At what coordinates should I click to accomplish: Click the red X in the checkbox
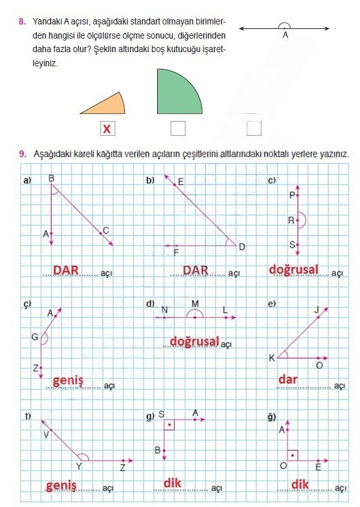pos(107,129)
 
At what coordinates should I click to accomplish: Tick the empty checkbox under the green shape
pos(178,129)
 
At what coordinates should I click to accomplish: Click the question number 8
pos(22,22)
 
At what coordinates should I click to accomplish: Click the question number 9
pos(22,154)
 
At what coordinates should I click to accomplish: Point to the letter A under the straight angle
pos(285,36)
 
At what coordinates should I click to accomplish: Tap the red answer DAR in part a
pos(66,270)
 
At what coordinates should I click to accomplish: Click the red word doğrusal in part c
pos(294,269)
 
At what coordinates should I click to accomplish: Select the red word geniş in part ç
pos(68,380)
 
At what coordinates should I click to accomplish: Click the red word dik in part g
pos(172,482)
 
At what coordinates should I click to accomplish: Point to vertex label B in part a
pos(52,178)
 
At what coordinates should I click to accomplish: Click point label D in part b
pos(242,246)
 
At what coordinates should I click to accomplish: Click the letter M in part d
pos(195,304)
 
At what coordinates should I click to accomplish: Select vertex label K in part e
pos(272,358)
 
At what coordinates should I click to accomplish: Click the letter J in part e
pos(316,310)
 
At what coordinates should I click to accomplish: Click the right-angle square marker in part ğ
pos(292,455)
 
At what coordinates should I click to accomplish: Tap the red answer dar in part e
pos(287,380)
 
